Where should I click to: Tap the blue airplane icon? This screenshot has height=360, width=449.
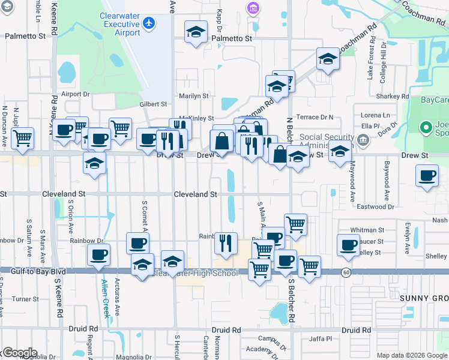(x=149, y=23)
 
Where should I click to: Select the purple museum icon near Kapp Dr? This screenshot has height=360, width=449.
(x=253, y=8)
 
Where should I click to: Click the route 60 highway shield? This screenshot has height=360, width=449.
(x=347, y=272)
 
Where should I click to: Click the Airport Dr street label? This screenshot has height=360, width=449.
(x=75, y=94)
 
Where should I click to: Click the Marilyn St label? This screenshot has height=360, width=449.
(x=194, y=95)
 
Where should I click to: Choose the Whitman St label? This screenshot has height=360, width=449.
(x=367, y=230)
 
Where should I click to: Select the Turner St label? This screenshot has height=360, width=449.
(x=25, y=299)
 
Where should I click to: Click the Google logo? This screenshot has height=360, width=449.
(x=19, y=353)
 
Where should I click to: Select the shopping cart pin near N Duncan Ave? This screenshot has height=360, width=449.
(x=22, y=138)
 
